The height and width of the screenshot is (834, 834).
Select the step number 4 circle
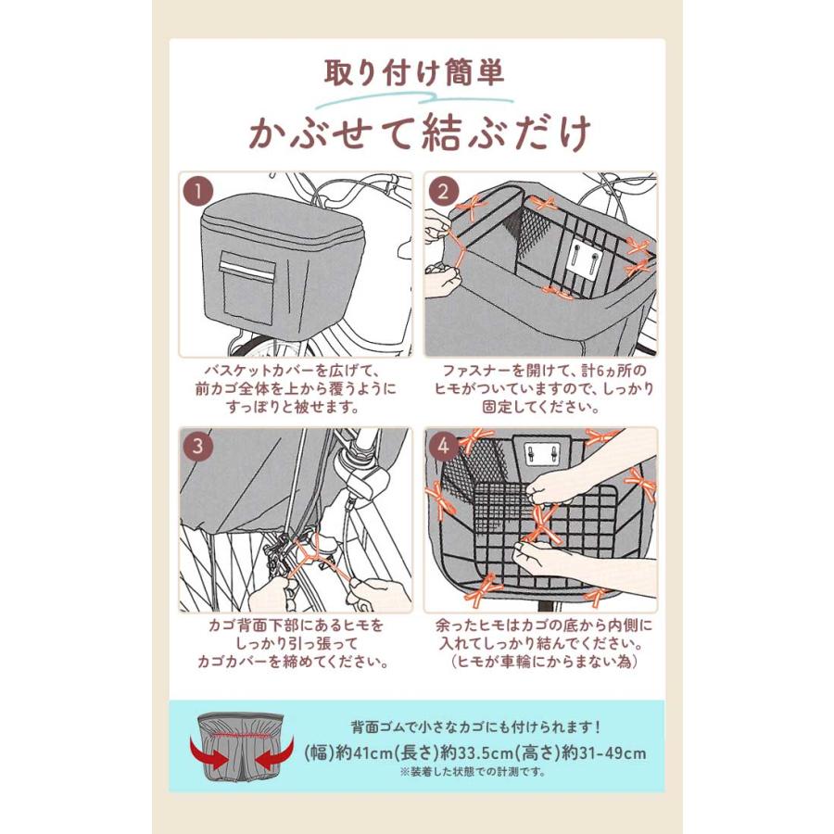(x=445, y=447)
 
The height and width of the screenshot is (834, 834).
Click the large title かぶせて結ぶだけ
(x=417, y=133)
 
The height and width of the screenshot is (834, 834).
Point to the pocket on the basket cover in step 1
(x=246, y=274)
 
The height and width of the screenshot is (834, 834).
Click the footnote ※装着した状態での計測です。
(x=473, y=771)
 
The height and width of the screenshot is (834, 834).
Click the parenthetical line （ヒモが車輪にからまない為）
(x=540, y=662)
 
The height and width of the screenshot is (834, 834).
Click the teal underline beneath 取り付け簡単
(x=416, y=96)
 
